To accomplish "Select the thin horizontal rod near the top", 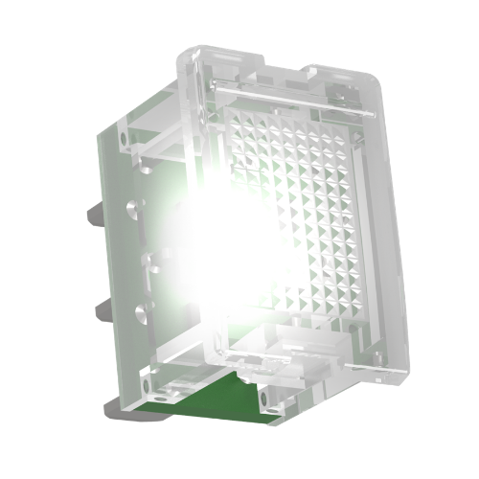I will (287, 95).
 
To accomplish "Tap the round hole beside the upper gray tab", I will (128, 205).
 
